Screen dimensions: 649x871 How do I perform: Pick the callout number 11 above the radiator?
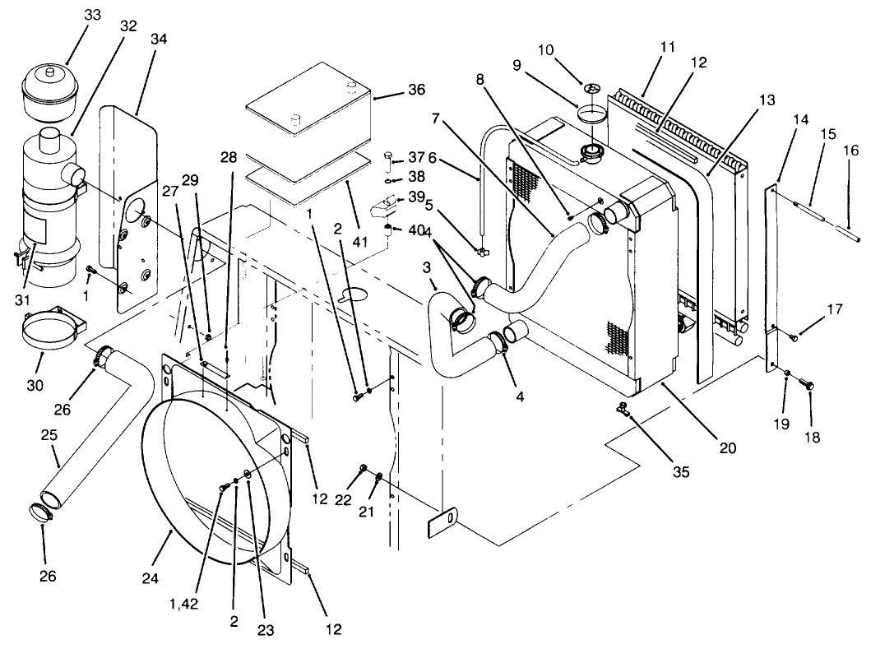click(x=667, y=47)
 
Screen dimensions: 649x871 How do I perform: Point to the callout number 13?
click(x=767, y=100)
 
